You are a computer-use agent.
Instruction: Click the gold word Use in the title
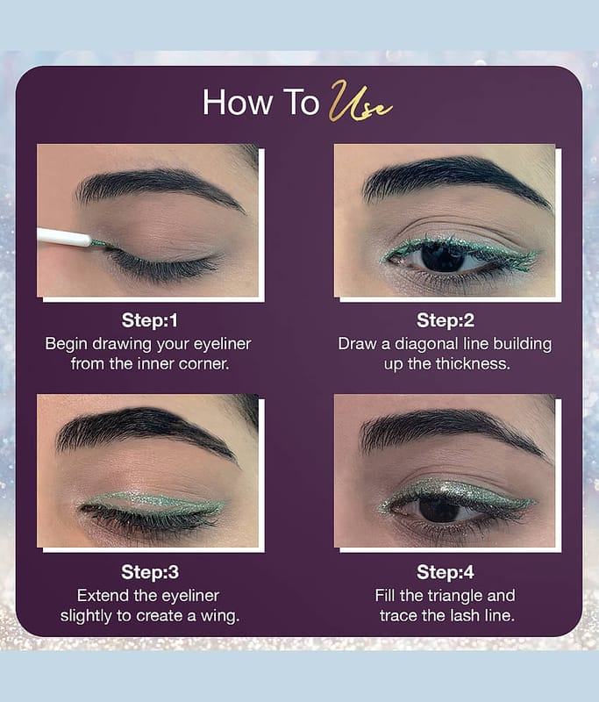point(360,102)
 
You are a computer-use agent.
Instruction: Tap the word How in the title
point(238,103)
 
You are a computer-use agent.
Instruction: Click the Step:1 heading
point(149,320)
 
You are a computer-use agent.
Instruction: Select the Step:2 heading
point(446,320)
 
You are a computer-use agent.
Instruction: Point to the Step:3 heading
point(150,572)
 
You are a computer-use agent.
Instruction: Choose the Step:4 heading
point(446,572)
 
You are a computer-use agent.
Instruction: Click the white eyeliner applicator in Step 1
point(64,236)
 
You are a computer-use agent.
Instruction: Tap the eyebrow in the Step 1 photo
point(158,187)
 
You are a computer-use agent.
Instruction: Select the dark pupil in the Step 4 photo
point(435,509)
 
